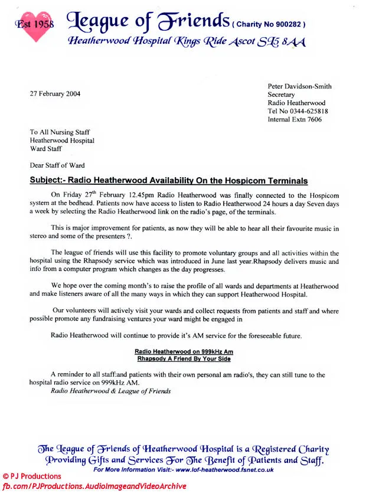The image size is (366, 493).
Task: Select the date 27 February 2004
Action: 55,93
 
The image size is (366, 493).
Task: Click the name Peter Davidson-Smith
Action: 299,86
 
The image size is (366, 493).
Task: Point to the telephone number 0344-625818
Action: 307,111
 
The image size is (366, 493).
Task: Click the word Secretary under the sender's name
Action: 283,94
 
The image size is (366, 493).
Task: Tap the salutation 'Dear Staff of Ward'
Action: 57,165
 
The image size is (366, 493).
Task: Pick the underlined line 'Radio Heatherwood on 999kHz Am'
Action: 183,351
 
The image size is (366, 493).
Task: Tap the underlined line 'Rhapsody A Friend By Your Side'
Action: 183,358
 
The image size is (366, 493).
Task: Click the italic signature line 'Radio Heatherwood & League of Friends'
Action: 111,391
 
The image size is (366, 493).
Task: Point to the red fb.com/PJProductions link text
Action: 94,486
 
